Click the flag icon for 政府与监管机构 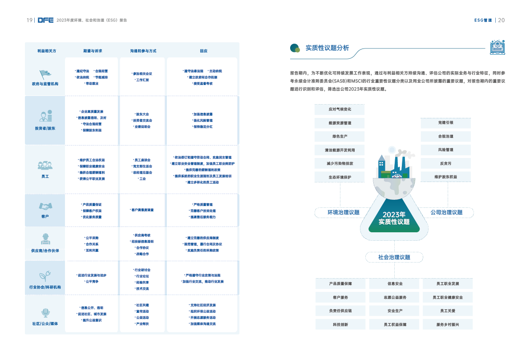[x=45, y=74]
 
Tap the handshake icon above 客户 [x=45, y=207]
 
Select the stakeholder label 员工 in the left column [x=45, y=177]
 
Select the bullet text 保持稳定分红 [x=202, y=127]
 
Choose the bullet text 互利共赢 [x=92, y=251]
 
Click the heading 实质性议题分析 [x=327, y=48]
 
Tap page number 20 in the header [x=501, y=20]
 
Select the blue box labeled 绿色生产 [x=340, y=136]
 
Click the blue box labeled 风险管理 [x=445, y=150]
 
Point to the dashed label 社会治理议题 [x=394, y=257]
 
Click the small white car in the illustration [x=396, y=175]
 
